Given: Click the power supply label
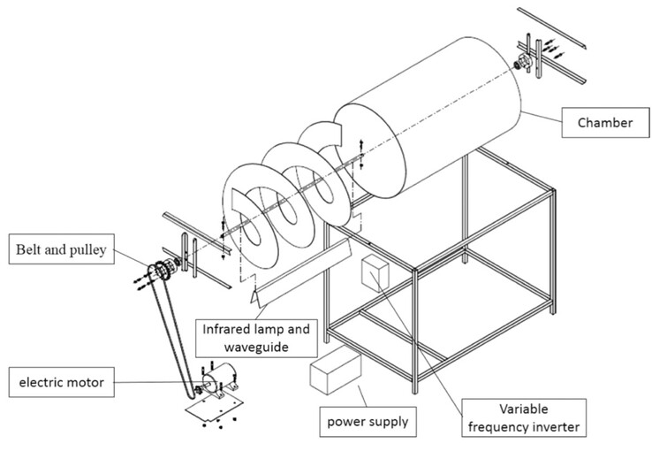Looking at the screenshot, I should click(x=368, y=421).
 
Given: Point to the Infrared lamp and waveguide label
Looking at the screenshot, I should click(x=258, y=337).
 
